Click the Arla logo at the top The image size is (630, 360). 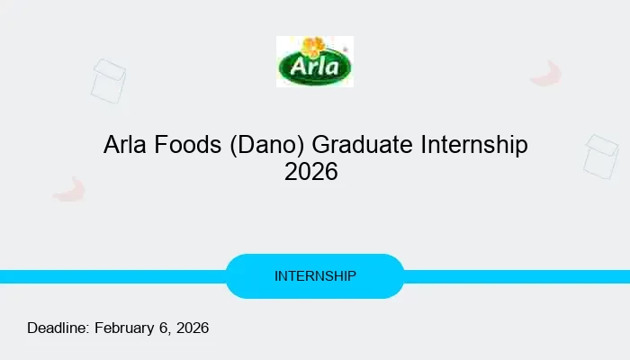click(x=314, y=61)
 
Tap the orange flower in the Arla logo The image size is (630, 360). click(x=314, y=47)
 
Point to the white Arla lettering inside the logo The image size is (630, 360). click(x=314, y=67)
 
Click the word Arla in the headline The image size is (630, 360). click(x=125, y=145)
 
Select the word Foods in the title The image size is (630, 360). click(x=185, y=145)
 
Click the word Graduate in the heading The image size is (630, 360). click(x=360, y=145)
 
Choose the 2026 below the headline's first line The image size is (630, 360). click(x=311, y=172)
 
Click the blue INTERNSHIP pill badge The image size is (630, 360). click(x=315, y=276)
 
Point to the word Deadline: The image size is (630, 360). click(x=58, y=328)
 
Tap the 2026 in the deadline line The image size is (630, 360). click(x=192, y=328)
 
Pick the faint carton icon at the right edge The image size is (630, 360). click(x=601, y=157)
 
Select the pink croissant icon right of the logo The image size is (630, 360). click(x=546, y=74)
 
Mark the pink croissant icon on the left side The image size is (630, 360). click(x=69, y=189)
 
